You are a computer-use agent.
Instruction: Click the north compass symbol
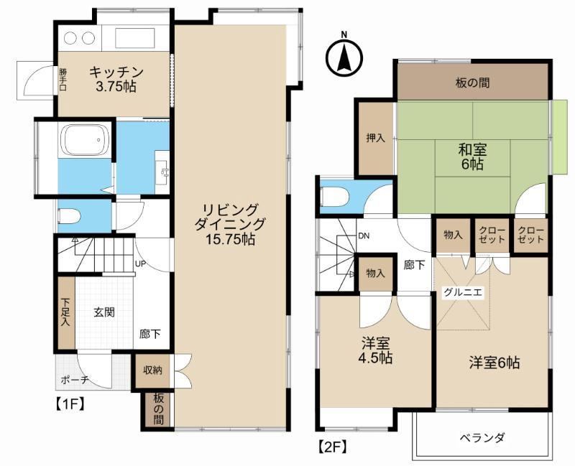[x=344, y=57]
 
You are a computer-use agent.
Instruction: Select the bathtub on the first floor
[x=86, y=140]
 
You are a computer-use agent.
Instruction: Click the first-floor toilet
[x=69, y=217]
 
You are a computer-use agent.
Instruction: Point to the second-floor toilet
[x=333, y=197]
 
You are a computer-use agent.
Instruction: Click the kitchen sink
[x=135, y=38]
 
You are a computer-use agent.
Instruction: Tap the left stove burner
[x=70, y=38]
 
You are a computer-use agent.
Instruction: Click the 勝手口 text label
[x=63, y=78]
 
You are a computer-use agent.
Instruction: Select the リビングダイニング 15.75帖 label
[x=229, y=224]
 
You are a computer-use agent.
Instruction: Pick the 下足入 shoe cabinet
[x=66, y=312]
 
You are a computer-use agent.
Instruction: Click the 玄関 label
[x=104, y=312]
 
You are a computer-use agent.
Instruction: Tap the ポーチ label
[x=75, y=380]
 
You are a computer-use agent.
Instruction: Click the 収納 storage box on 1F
[x=152, y=371]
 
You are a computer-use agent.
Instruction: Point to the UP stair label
[x=140, y=264]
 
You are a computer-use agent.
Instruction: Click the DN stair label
[x=364, y=236]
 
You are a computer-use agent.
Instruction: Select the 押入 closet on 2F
[x=376, y=138]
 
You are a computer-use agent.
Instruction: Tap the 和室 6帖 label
[x=472, y=157]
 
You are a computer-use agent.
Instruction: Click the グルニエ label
[x=463, y=292]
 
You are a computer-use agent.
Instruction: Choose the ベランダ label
[x=482, y=438]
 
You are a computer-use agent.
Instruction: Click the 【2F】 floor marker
[x=331, y=447]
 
